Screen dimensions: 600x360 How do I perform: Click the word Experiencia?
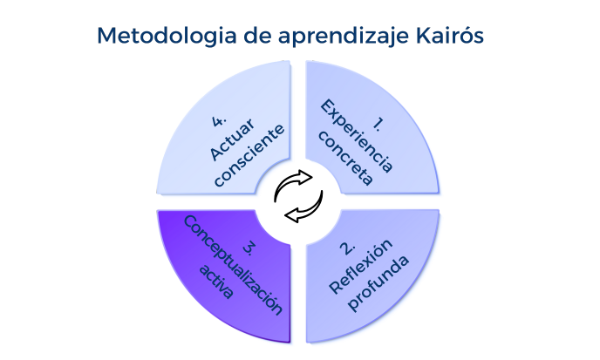(x=357, y=135)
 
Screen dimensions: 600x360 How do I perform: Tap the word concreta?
(x=345, y=161)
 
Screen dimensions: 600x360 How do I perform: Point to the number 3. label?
(x=249, y=248)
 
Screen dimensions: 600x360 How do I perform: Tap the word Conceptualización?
(x=233, y=265)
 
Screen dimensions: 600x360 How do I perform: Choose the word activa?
(x=215, y=282)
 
